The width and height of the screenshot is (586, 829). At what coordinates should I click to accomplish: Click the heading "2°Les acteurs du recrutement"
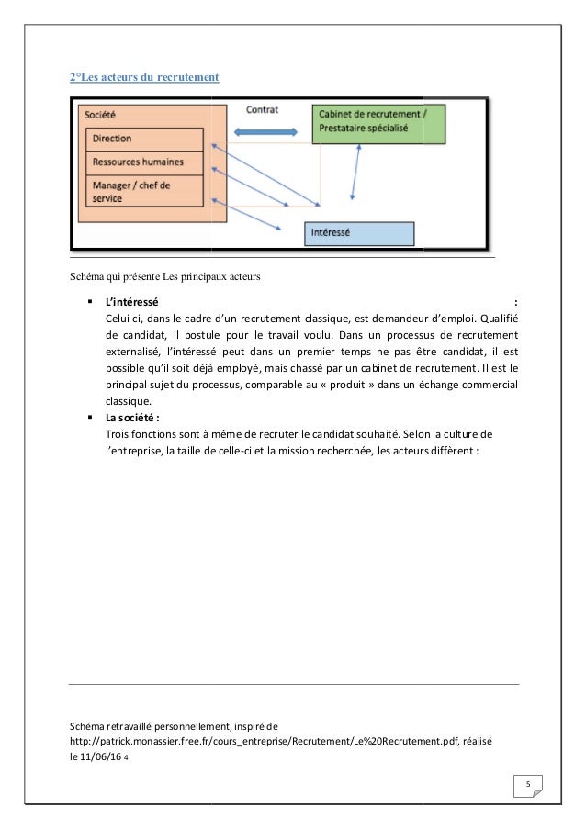coord(144,77)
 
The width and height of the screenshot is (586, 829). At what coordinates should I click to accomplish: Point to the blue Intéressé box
coord(359,233)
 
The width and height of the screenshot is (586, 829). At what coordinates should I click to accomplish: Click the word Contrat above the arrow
coord(262,109)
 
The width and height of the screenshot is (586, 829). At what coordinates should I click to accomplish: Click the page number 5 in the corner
coord(528,783)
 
